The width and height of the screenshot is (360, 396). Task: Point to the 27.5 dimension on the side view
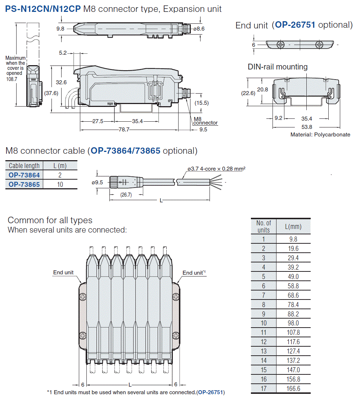[98, 121]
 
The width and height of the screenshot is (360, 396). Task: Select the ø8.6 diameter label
[199, 29]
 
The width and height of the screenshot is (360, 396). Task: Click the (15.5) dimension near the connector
[202, 103]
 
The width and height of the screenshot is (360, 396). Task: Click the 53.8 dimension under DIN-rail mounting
[307, 127]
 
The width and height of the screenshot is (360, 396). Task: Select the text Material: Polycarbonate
[320, 135]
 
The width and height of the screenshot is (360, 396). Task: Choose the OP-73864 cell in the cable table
[24, 175]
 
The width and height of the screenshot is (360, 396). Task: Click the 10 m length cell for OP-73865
[60, 184]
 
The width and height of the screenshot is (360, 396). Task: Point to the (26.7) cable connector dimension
[125, 195]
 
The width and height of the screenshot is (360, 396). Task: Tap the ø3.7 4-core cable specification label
[216, 168]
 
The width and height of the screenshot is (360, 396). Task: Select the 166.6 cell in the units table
[293, 388]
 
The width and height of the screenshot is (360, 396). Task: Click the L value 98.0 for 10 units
[293, 323]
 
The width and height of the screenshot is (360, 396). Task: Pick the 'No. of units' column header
[264, 226]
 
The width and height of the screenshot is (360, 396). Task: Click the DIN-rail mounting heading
[278, 67]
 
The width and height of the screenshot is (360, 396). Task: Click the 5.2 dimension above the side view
[63, 53]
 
